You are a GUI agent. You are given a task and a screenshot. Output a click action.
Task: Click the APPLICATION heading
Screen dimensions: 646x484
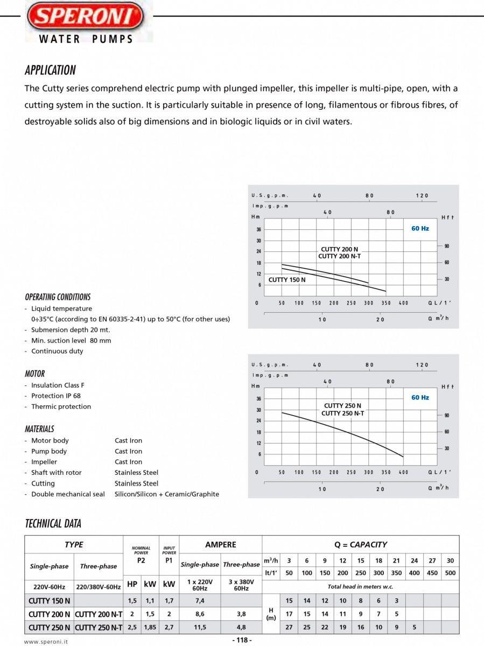point(50,70)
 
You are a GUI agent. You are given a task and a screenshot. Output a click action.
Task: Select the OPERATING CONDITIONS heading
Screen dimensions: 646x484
point(58,297)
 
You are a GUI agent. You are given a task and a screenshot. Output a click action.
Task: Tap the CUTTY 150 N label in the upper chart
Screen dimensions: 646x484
point(286,279)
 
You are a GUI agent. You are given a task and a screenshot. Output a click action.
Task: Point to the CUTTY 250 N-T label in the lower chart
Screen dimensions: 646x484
point(342,413)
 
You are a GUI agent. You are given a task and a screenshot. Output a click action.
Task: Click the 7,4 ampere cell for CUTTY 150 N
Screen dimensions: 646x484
point(199,600)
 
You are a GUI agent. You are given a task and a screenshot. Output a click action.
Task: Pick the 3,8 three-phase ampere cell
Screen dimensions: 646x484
point(241,614)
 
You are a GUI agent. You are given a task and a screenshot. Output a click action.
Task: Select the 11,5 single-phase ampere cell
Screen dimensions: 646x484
point(199,627)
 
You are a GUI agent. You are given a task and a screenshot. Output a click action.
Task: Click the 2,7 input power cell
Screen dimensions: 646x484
point(169,627)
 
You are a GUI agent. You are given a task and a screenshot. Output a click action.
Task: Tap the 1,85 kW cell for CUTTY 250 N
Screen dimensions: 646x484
point(150,627)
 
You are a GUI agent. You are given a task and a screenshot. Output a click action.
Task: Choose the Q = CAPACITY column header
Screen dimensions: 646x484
point(360,544)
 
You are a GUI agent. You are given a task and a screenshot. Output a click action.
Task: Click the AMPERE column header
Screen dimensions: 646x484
point(220,544)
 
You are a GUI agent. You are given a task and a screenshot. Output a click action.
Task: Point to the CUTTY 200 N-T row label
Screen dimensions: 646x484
point(99,614)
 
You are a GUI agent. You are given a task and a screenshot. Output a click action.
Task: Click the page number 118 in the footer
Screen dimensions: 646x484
point(242,640)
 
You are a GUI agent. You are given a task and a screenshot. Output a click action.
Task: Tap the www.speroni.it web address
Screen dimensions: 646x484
point(46,641)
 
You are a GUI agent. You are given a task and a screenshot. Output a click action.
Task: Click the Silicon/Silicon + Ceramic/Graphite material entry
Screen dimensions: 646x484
point(166,494)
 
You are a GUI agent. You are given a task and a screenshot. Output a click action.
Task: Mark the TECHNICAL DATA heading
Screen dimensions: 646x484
point(53,523)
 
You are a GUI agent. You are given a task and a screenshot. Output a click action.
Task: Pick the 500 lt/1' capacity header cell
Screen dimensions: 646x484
point(450,573)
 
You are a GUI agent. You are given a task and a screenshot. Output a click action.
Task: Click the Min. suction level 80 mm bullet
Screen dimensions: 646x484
point(71,340)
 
